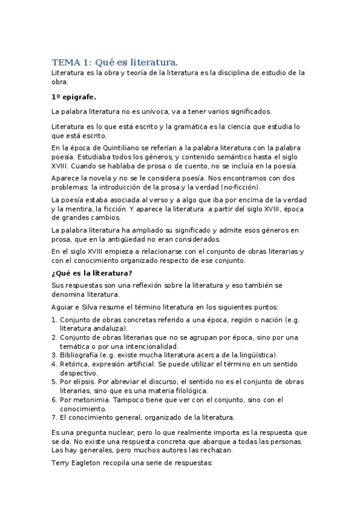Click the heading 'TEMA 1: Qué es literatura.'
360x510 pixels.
tap(115, 62)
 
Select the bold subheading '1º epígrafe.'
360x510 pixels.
tap(74, 96)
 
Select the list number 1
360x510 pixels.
tap(53, 320)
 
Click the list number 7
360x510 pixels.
tap(53, 417)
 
